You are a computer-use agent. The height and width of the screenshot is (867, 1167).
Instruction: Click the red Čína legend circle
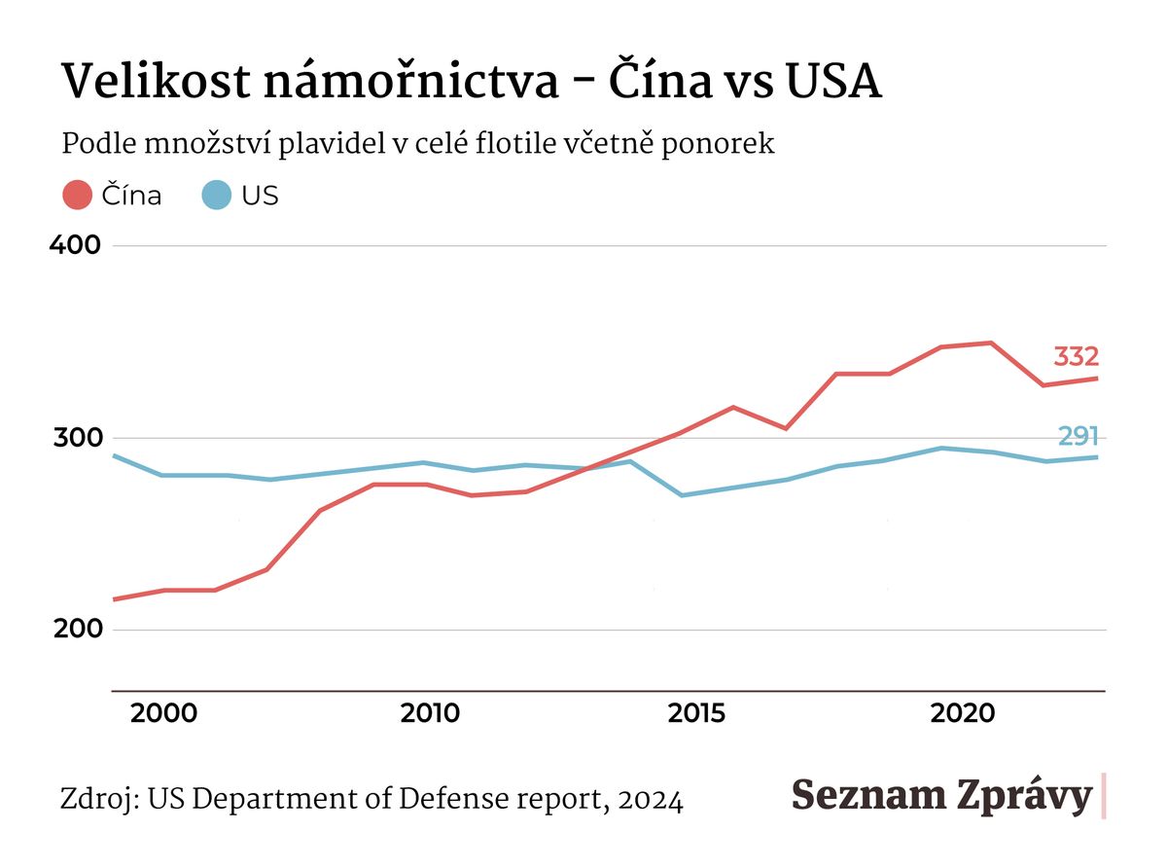[x=77, y=195]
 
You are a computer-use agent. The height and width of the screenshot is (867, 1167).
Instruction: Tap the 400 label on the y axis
[x=75, y=244]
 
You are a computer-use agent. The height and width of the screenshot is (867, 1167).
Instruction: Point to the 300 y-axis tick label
[x=75, y=437]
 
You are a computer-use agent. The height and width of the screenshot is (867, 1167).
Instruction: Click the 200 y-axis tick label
[x=75, y=630]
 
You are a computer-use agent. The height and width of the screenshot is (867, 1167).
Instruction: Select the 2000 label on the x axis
[x=163, y=713]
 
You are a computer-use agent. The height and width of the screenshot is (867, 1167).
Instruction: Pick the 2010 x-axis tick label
[x=431, y=713]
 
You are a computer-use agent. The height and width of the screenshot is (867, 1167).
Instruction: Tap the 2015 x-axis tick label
[x=696, y=713]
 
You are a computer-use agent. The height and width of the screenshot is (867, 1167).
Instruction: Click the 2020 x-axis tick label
[x=963, y=713]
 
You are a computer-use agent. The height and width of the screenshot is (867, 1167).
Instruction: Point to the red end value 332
[x=1076, y=356]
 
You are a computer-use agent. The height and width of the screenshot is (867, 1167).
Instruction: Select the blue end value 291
[x=1078, y=436]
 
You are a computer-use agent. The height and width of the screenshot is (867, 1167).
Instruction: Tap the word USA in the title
[x=833, y=82]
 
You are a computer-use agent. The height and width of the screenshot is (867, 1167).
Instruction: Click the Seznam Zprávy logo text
[x=941, y=795]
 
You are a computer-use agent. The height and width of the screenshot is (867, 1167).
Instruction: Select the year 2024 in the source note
[x=650, y=800]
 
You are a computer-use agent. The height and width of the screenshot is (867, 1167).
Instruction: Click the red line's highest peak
[x=990, y=343]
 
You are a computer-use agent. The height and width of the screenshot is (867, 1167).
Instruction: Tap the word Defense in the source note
[x=454, y=800]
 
